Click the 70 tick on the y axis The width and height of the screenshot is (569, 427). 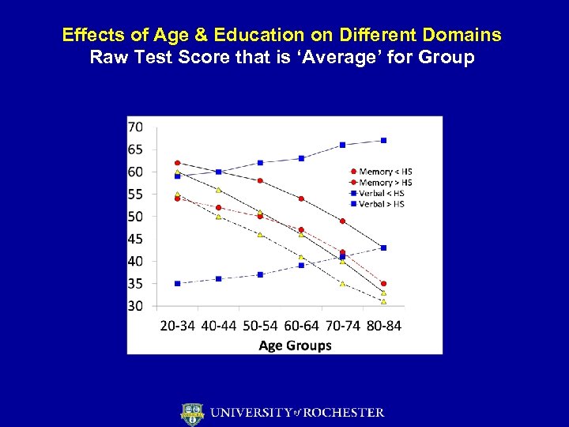[135, 127]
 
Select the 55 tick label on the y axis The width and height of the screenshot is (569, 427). [135, 195]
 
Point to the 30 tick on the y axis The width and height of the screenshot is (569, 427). [135, 306]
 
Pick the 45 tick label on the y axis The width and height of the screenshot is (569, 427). [135, 239]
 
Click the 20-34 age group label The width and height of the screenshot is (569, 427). [179, 326]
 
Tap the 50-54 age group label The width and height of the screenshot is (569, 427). [260, 326]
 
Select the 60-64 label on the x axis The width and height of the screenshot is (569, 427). [301, 326]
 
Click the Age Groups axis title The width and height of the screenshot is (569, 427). [295, 346]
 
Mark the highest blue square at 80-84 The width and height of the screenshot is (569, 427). [383, 141]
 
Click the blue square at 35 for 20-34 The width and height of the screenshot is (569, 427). [178, 283]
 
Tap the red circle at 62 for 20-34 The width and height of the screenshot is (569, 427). [178, 163]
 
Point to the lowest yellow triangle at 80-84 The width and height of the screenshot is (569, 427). [383, 301]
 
